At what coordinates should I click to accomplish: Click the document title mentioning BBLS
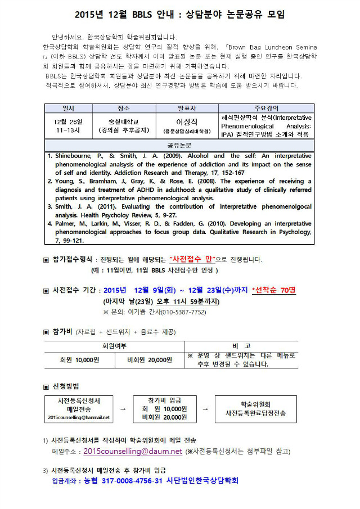coord(179,15)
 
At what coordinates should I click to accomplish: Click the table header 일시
coord(67,108)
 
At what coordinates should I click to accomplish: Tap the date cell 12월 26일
coord(67,121)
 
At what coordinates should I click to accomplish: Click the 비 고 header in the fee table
coord(241,345)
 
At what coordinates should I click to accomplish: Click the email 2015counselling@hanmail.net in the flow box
coord(79,417)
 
